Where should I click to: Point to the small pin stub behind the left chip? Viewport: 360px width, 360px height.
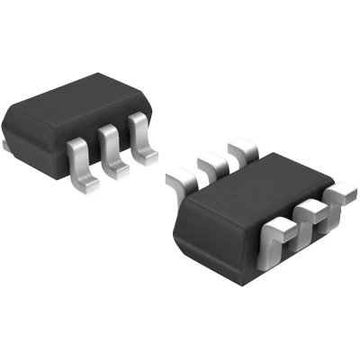click(x=7, y=141)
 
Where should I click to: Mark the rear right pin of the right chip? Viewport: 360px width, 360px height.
click(x=241, y=149)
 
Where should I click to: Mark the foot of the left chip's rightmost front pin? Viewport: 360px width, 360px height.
click(x=144, y=160)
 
